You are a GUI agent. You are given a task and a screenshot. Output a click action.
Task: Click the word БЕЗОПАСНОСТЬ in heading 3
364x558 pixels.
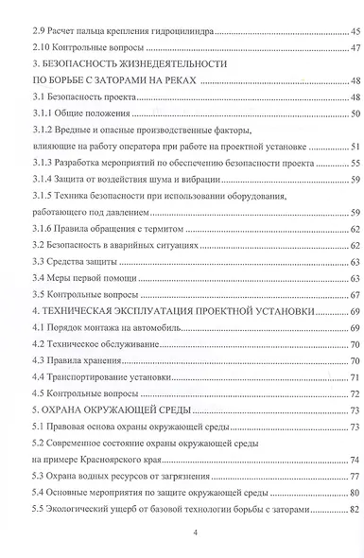click(86, 64)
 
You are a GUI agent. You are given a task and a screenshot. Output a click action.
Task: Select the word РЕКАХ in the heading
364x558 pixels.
click(175, 81)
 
